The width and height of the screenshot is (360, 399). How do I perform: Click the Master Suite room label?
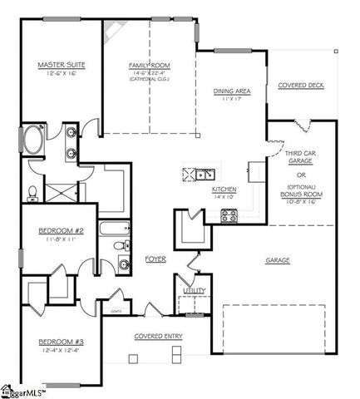tap(57, 64)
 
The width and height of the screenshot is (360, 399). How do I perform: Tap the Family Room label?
tap(148, 64)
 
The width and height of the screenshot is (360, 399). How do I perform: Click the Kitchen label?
tap(224, 190)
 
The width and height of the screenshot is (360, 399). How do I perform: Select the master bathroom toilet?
tap(32, 192)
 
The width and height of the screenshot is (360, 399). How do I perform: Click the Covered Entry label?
tap(160, 336)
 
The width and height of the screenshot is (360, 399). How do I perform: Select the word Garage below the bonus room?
tap(278, 261)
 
